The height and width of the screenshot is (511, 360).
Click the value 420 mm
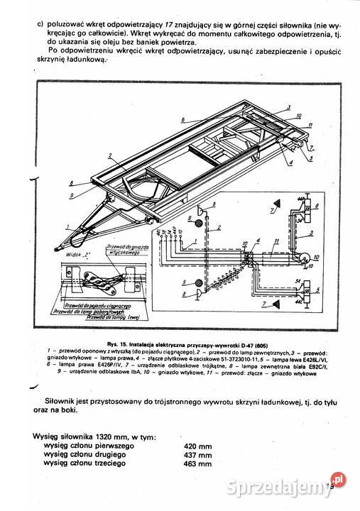[x=197, y=445]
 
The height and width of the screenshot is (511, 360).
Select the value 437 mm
[x=197, y=454]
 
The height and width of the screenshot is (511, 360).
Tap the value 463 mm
[x=197, y=463]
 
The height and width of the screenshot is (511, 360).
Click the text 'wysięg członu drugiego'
[x=84, y=454]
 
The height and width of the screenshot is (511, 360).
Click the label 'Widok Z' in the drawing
[x=74, y=253]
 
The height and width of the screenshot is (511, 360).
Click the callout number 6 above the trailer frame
[x=183, y=119]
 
